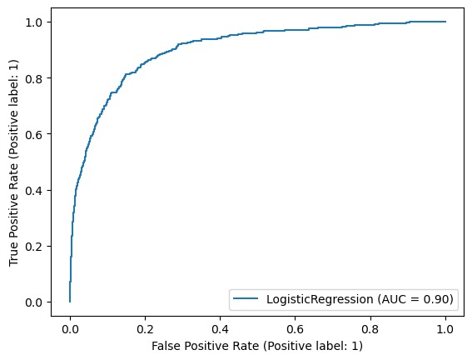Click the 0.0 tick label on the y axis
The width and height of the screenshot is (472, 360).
pyautogui.click(x=33, y=302)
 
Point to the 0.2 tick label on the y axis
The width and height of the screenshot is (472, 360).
pyautogui.click(x=33, y=247)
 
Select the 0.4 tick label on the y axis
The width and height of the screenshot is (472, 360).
pyautogui.click(x=33, y=190)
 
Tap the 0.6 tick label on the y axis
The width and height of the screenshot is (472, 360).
pyautogui.click(x=33, y=134)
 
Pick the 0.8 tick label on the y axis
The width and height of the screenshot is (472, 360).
pyautogui.click(x=33, y=78)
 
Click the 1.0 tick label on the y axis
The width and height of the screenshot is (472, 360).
pyautogui.click(x=33, y=22)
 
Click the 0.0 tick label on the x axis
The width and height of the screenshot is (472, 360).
pyautogui.click(x=70, y=329)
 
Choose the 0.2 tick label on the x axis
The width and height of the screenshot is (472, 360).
pyautogui.click(x=145, y=329)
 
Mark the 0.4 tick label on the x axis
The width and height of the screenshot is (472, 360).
pyautogui.click(x=220, y=329)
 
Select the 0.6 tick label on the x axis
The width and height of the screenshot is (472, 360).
pyautogui.click(x=295, y=329)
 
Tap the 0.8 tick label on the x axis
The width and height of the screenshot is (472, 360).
pyautogui.click(x=370, y=329)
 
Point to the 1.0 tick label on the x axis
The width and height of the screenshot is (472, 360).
pyautogui.click(x=445, y=329)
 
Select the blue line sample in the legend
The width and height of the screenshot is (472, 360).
pyautogui.click(x=246, y=298)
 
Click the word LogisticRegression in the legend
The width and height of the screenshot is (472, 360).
pyautogui.click(x=320, y=299)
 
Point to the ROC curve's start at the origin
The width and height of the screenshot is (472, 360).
pyautogui.click(x=70, y=302)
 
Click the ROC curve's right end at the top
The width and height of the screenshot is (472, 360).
pyautogui.click(x=445, y=22)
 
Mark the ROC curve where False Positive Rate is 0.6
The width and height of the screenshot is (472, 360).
pyautogui.click(x=295, y=30)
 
